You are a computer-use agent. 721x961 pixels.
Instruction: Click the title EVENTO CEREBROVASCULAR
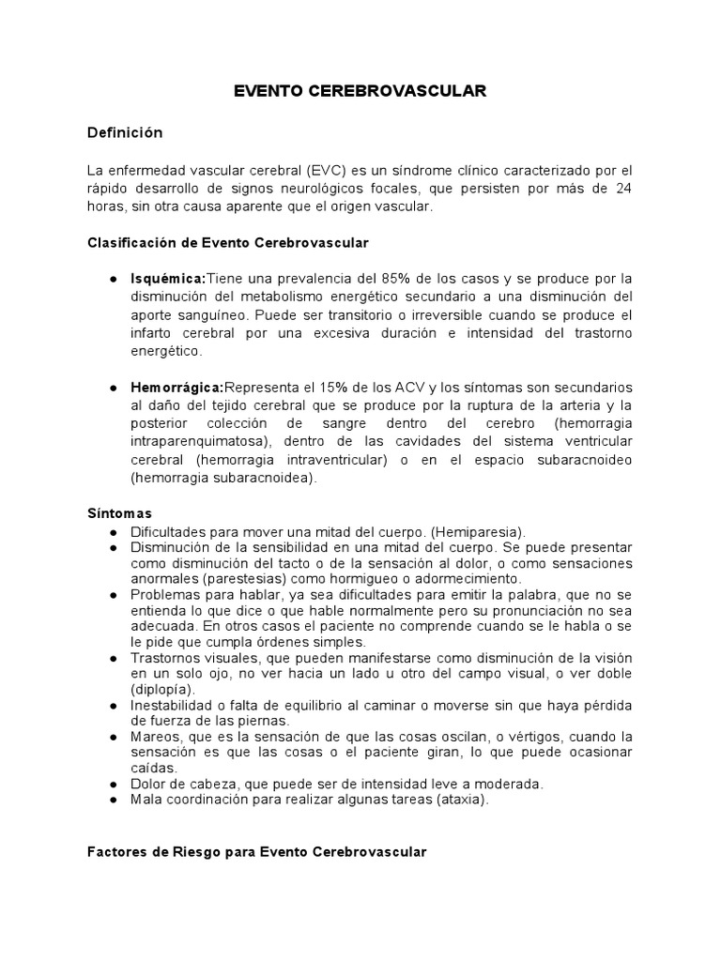[x=360, y=91]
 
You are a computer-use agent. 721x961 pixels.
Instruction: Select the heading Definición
[x=125, y=133]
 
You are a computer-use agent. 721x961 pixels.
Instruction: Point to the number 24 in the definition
[x=623, y=189]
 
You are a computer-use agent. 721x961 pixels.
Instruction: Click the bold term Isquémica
[x=168, y=279]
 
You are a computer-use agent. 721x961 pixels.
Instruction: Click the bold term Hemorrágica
[x=177, y=389]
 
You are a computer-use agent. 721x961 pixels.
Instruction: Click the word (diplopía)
[x=161, y=690]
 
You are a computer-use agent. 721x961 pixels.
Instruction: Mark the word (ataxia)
[x=457, y=801]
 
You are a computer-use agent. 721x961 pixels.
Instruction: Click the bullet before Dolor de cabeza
[x=114, y=785]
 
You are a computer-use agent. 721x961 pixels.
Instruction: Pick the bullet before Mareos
[x=114, y=738]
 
